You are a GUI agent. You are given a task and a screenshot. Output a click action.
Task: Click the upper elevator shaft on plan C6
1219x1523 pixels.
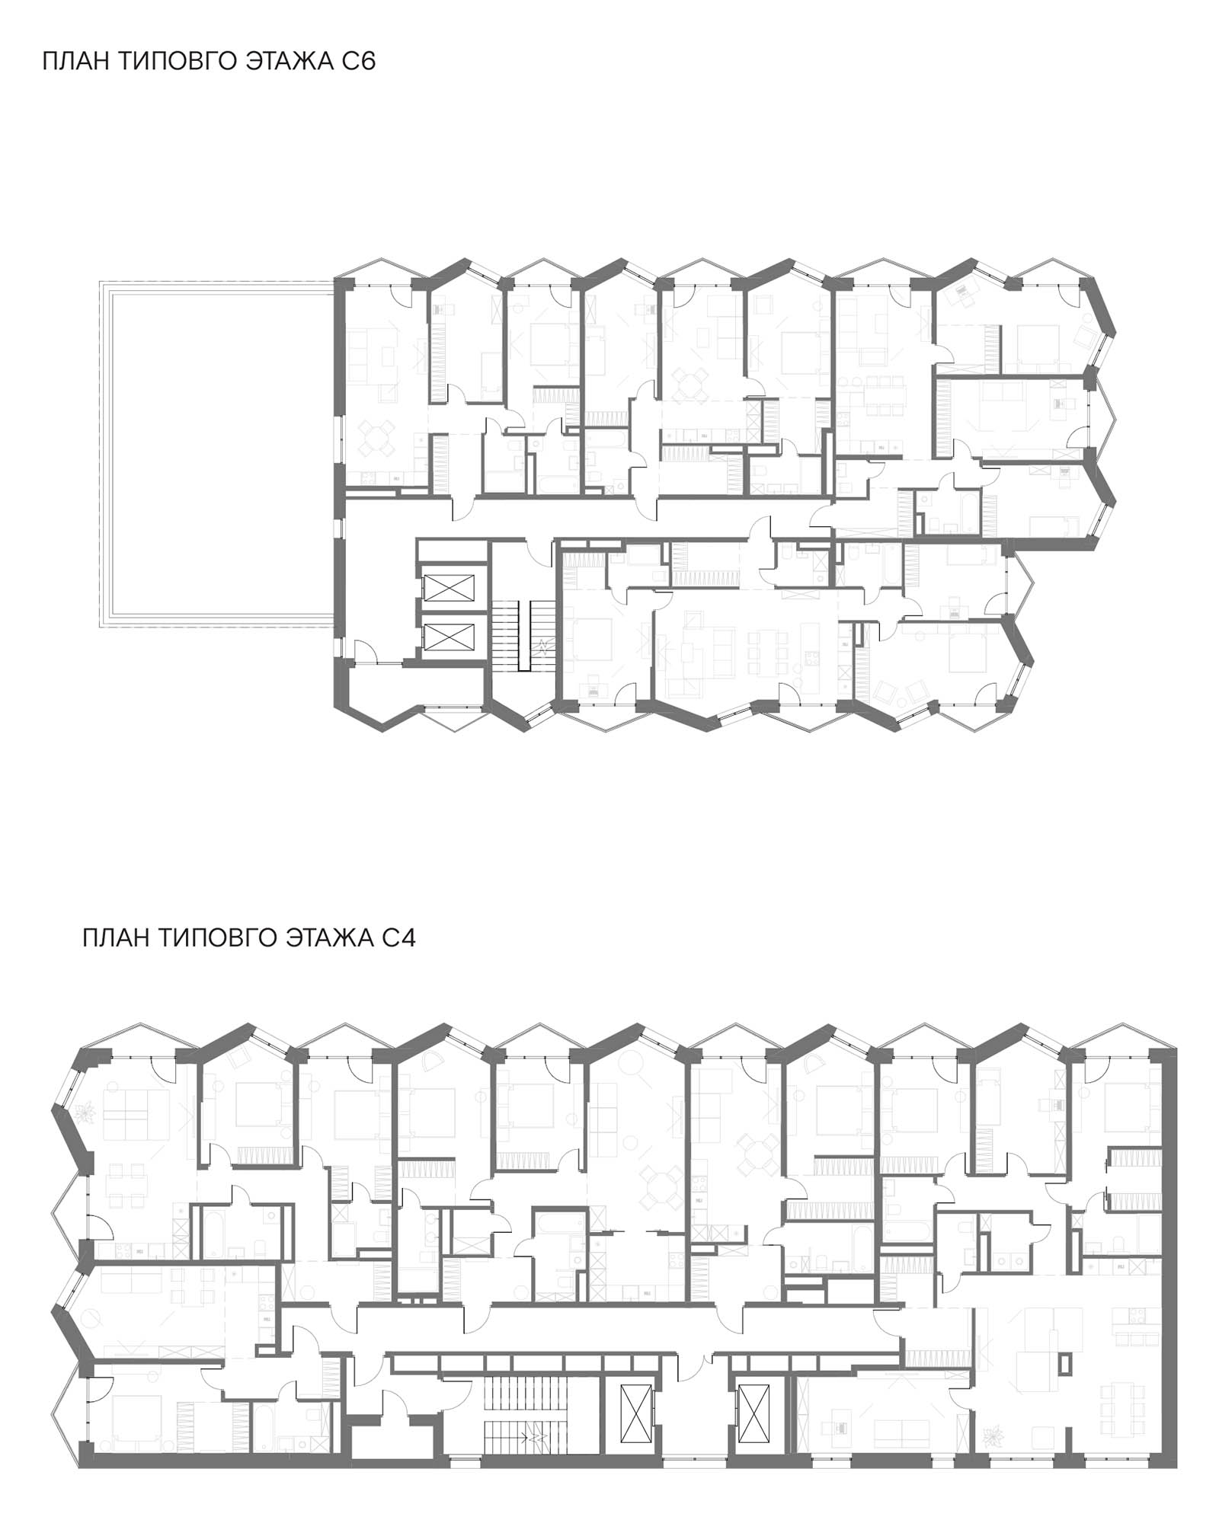coord(449,588)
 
